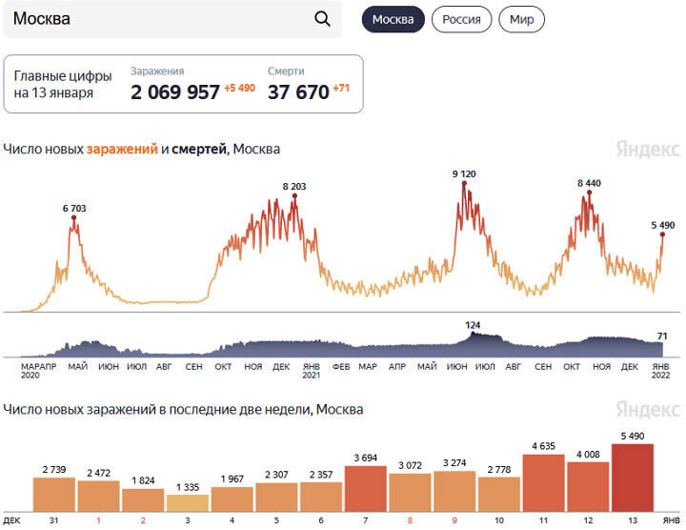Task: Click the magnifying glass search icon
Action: pyautogui.click(x=322, y=19)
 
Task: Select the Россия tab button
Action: pyautogui.click(x=462, y=19)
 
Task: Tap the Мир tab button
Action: pyautogui.click(x=521, y=19)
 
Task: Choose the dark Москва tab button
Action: pyautogui.click(x=393, y=19)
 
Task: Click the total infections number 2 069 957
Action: pyautogui.click(x=175, y=92)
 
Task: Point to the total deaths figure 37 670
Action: pyautogui.click(x=297, y=92)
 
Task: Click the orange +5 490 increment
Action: pyautogui.click(x=240, y=89)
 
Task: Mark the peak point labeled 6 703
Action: pyautogui.click(x=73, y=218)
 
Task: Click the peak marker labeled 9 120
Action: pyautogui.click(x=464, y=183)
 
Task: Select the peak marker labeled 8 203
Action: pyautogui.click(x=294, y=195)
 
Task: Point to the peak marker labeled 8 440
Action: pyautogui.click(x=590, y=193)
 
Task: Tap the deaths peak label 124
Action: pyautogui.click(x=473, y=325)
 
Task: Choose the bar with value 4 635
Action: pyautogui.click(x=543, y=482)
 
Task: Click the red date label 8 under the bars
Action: pyautogui.click(x=410, y=520)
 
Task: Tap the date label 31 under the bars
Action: pyautogui.click(x=54, y=520)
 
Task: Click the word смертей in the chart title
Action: pyautogui.click(x=199, y=149)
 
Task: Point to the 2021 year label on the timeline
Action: pyautogui.click(x=312, y=376)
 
